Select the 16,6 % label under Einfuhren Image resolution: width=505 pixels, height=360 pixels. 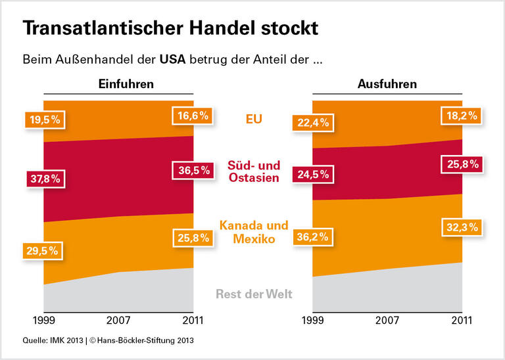192,116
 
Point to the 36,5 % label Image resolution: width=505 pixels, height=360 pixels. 192,170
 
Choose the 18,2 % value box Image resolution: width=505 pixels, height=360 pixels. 460,116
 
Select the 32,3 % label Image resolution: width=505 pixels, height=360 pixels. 460,227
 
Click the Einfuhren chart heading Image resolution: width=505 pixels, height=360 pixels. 126,84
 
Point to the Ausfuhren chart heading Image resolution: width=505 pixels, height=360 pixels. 387,84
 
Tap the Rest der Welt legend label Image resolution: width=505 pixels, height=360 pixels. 254,294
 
